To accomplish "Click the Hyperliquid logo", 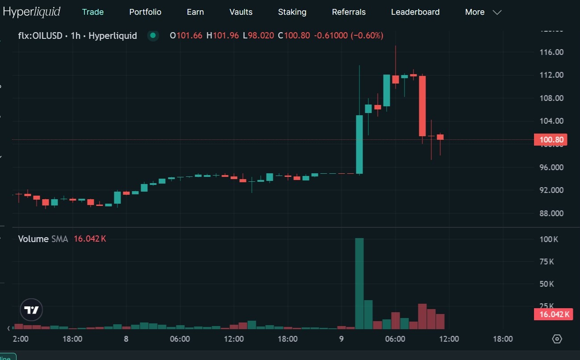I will tap(32, 12).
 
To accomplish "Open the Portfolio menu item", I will tap(145, 12).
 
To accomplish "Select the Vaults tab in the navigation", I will tap(241, 12).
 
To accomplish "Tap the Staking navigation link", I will tap(292, 12).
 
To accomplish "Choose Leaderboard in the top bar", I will tap(415, 12).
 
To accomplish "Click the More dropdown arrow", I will tap(497, 13).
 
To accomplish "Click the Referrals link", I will tap(349, 12).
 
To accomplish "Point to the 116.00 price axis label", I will tap(551, 52).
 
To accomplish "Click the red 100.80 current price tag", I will tap(551, 140).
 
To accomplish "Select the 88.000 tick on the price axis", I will tap(551, 213).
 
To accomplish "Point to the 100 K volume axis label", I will tap(549, 239).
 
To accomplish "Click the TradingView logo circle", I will tap(31, 310).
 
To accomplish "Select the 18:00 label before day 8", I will tap(72, 339).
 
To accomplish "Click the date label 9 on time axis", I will tap(341, 339).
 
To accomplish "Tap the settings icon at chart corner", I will tap(557, 339).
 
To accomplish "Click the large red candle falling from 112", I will tap(422, 106).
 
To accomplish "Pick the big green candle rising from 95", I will tap(359, 144).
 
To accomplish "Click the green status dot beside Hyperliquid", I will tap(153, 36).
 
